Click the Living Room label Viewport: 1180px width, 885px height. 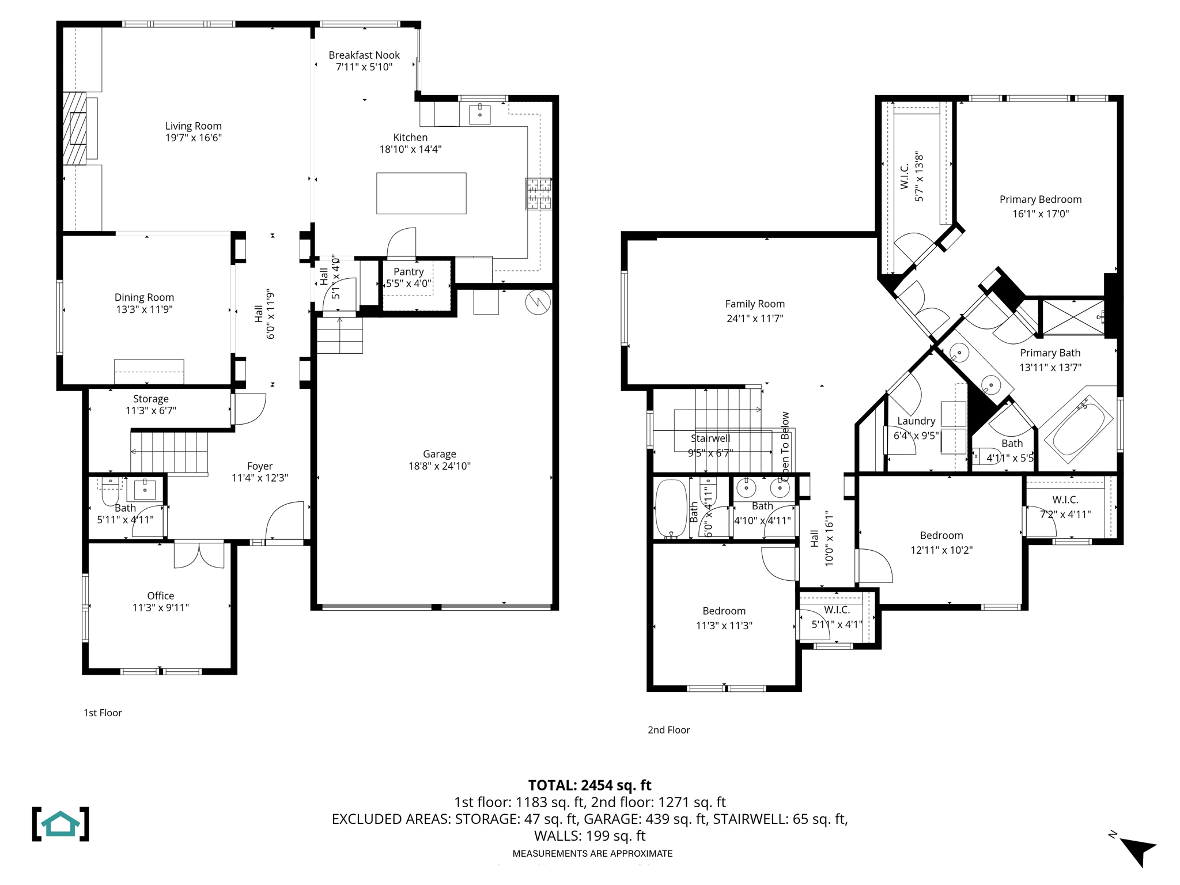(193, 126)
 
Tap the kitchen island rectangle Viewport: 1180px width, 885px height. (421, 194)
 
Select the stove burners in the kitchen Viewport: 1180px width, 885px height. (538, 194)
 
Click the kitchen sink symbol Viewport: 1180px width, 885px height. (479, 114)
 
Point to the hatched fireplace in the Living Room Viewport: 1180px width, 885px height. (74, 128)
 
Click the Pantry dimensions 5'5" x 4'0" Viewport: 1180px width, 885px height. (409, 283)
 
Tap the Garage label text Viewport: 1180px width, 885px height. (439, 454)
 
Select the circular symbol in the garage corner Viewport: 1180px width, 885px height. (538, 302)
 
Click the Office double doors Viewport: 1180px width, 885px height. (199, 554)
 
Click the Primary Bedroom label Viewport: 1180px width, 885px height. (1040, 199)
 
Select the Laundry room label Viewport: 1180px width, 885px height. (916, 421)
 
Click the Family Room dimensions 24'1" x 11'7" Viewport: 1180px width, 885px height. (755, 319)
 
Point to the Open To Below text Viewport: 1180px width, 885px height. (785, 447)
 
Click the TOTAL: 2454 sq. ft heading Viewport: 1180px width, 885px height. (589, 785)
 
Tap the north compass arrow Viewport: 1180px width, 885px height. (1139, 850)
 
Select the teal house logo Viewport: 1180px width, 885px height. (60, 824)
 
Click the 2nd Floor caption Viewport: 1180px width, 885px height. (668, 730)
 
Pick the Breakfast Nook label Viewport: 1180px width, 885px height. (364, 55)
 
